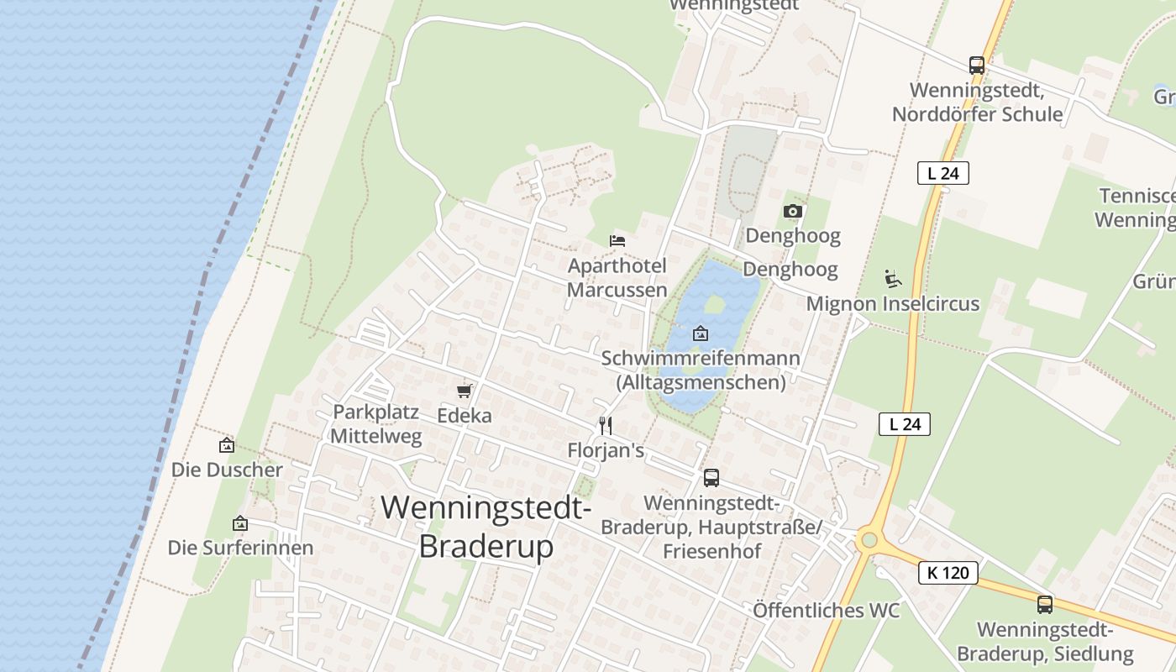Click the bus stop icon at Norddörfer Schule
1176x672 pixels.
976,65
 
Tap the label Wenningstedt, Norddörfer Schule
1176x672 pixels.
977,102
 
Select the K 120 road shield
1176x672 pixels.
948,573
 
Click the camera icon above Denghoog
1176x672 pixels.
792,211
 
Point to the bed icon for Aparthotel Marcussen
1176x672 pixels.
617,240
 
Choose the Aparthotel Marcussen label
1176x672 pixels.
617,278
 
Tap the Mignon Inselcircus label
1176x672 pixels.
893,303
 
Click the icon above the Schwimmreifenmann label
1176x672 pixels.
700,333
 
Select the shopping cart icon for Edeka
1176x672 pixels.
464,391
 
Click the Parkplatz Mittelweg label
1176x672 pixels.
375,424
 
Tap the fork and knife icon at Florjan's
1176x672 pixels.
605,426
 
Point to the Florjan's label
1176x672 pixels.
605,451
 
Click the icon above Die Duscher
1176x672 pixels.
226,445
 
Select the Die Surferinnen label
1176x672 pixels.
240,548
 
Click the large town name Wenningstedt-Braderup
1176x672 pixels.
486,527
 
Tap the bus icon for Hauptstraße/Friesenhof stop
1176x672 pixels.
711,478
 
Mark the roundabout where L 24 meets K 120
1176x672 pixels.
869,540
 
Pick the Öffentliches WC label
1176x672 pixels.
826,610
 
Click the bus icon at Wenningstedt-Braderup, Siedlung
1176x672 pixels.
1044,604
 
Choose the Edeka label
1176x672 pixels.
465,415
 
